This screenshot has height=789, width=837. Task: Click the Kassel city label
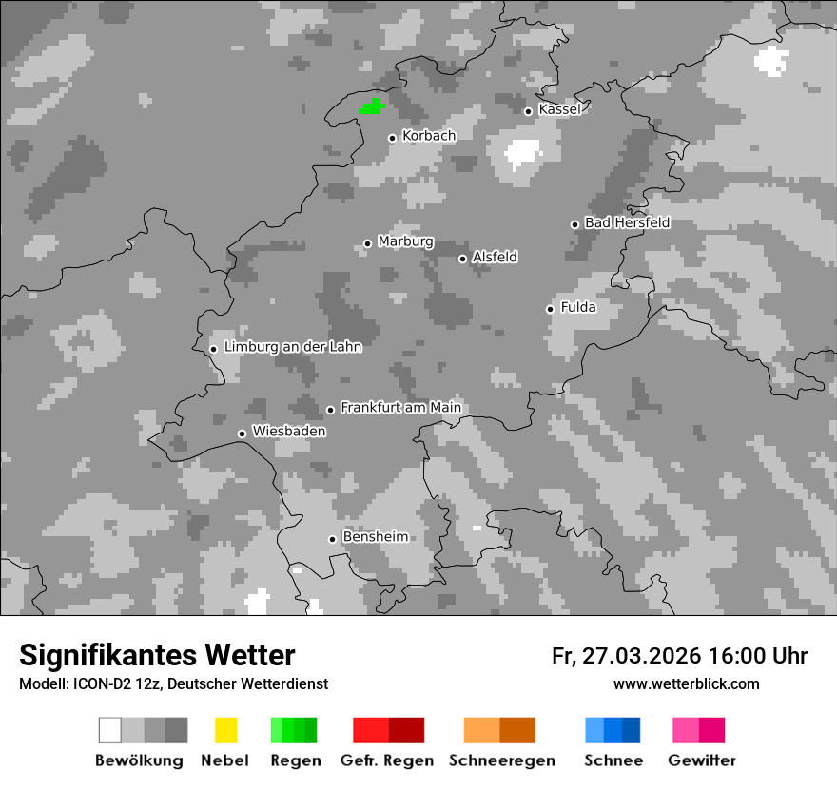point(559,109)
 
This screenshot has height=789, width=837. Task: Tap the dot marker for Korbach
point(392,138)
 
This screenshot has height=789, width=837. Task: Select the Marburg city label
point(405,241)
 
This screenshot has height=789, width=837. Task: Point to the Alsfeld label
point(495,257)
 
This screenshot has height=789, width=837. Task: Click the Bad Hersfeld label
point(627,222)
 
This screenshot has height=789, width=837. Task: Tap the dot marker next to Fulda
point(550,309)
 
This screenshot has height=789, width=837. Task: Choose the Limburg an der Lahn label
point(292,347)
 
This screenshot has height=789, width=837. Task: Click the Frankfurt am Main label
point(400,407)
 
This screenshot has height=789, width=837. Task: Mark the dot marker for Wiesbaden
point(242,433)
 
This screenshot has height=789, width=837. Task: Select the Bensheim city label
point(375,537)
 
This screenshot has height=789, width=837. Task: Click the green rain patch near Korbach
point(371,106)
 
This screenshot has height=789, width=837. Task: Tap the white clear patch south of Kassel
point(522,152)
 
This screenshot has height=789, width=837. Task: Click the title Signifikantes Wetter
point(157,655)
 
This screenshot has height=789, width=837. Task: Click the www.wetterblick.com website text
point(686,683)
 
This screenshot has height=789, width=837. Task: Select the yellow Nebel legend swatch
point(225,730)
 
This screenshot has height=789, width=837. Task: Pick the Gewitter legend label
point(701,760)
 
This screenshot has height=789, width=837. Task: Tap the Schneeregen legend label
point(500,760)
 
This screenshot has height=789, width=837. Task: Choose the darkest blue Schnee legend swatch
point(632,730)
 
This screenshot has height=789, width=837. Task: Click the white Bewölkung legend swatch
point(110,730)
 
